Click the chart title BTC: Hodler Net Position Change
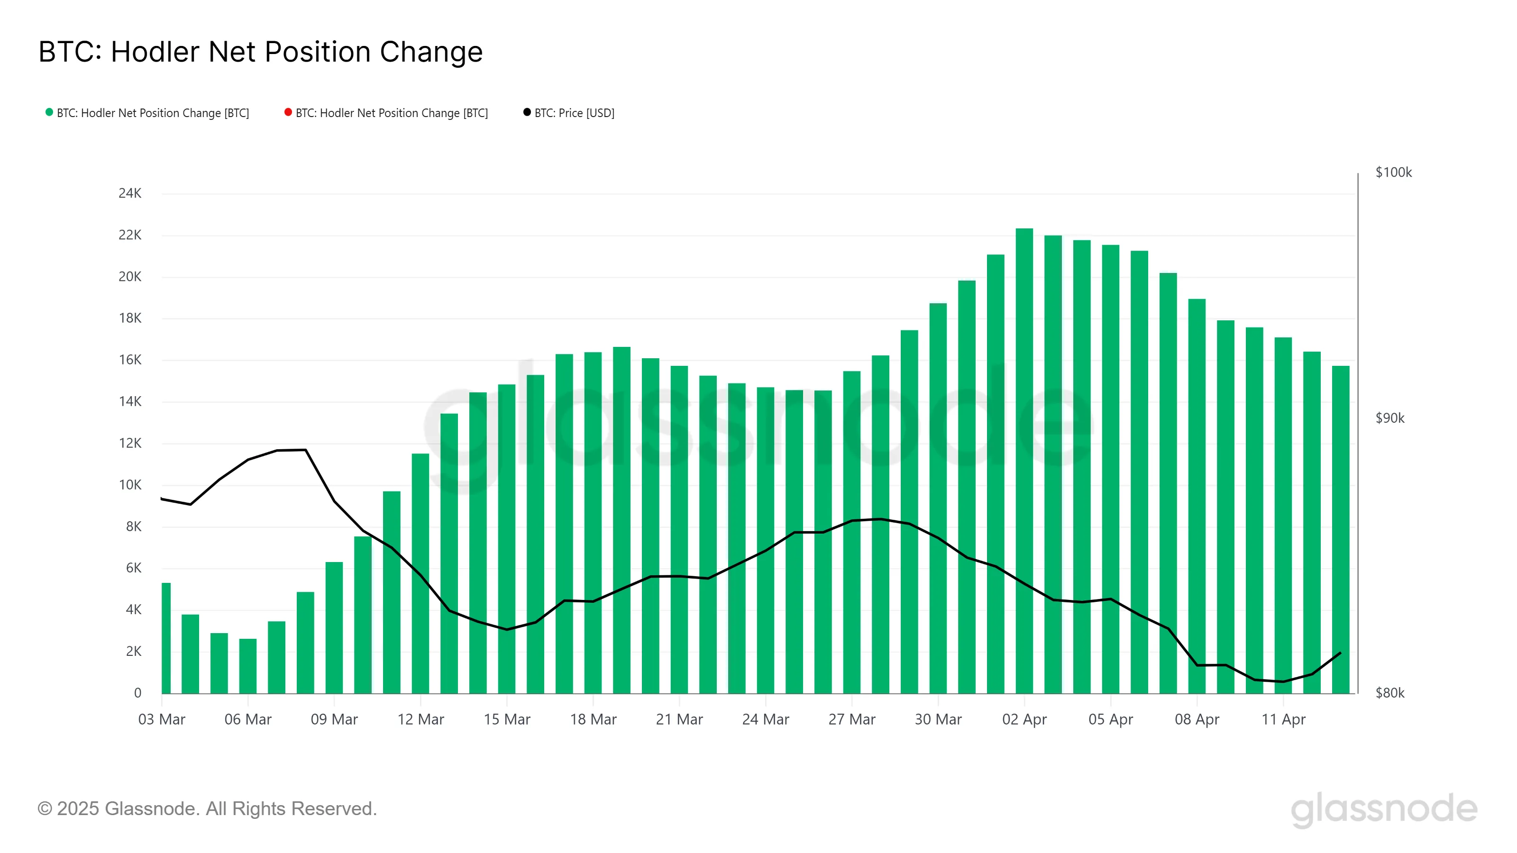coord(260,52)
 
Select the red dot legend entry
coord(386,113)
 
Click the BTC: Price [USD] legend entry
coord(568,113)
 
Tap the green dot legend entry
coord(147,113)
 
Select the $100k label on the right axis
coord(1393,172)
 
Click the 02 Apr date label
coord(1024,719)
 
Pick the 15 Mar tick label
coord(506,719)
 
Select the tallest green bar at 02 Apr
coord(1024,459)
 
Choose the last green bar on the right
coord(1340,530)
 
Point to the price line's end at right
coord(1340,653)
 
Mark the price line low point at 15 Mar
coord(506,629)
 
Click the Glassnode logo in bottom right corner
coord(1383,809)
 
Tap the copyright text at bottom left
coord(207,809)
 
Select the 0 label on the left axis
coord(138,693)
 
